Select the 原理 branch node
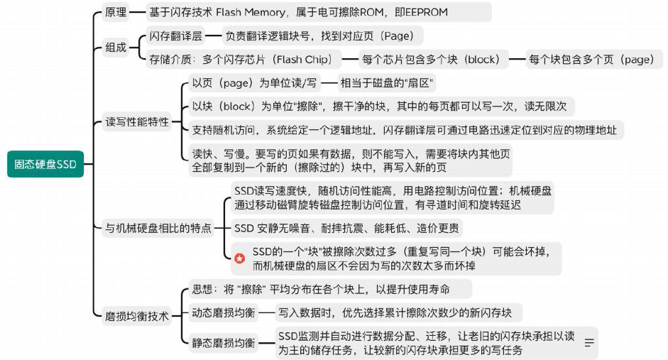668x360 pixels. [x=116, y=12]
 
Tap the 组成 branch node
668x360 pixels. [x=116, y=48]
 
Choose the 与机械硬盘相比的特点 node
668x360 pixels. [x=158, y=228]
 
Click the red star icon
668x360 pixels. [x=241, y=258]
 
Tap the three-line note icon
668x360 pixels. [x=588, y=343]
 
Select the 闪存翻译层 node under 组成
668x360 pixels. [x=175, y=36]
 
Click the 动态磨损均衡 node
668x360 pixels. [x=223, y=312]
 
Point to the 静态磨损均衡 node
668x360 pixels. [x=223, y=343]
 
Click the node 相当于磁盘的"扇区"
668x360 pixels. [x=387, y=83]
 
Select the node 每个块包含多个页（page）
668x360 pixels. [x=591, y=60]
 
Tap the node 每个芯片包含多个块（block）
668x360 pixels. [x=431, y=60]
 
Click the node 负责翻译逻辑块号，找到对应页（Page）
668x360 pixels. [x=324, y=36]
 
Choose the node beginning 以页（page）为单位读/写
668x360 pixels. [x=255, y=83]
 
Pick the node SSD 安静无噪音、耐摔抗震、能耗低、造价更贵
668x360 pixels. [x=346, y=228]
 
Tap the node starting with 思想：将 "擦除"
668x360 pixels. [x=321, y=289]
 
